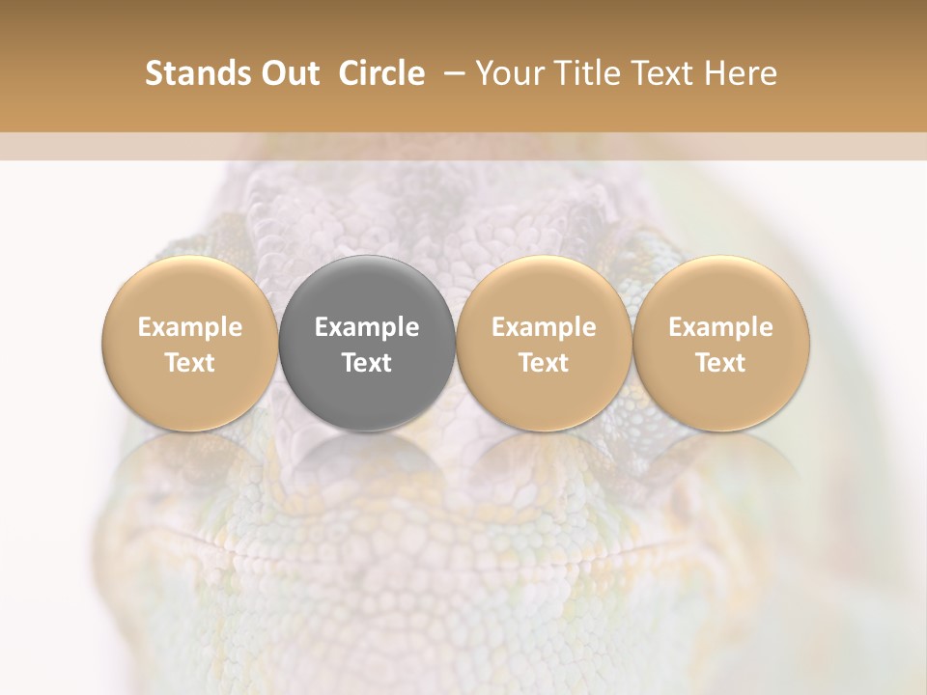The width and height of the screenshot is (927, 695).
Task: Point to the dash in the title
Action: click(x=450, y=73)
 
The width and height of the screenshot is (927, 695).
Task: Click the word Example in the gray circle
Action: click(x=367, y=327)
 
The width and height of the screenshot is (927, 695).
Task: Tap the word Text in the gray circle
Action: click(x=367, y=363)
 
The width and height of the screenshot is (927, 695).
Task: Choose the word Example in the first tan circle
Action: click(x=190, y=327)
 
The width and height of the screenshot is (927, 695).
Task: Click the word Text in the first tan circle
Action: click(x=190, y=363)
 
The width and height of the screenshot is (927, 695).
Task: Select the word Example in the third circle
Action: click(x=544, y=327)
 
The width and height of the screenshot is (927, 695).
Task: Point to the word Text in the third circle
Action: click(x=544, y=363)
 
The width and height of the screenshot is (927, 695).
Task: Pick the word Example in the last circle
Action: click(x=721, y=327)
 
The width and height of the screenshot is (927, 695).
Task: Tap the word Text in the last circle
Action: click(x=721, y=363)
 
